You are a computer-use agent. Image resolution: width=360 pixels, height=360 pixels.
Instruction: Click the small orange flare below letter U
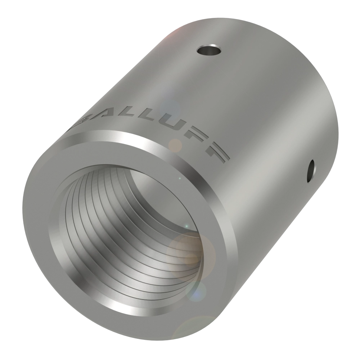point(176,145)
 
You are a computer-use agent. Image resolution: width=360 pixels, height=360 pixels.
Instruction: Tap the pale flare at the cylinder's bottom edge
point(194,329)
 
